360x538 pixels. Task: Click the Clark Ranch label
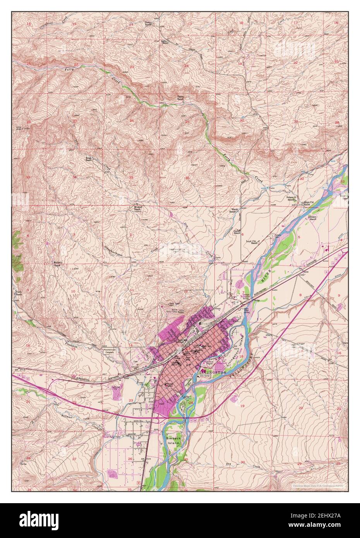(18, 293)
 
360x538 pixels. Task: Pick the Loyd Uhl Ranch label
(252, 242)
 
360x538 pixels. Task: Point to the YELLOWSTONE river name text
(243, 365)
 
